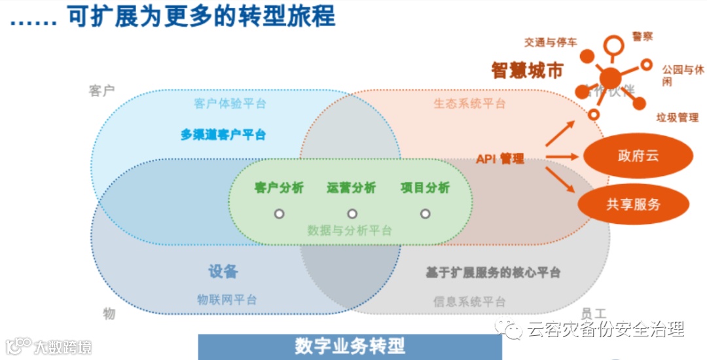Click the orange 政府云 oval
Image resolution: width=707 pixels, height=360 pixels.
point(637,156)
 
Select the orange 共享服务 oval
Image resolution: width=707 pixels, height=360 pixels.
point(633,204)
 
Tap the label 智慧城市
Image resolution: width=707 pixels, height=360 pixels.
point(527,71)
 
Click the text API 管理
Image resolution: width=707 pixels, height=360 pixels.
point(500,158)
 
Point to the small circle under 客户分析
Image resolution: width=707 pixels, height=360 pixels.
point(279,213)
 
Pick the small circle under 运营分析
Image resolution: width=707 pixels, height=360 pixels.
point(352,213)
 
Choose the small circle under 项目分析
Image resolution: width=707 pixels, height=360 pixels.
point(425,213)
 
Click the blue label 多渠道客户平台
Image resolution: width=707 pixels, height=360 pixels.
point(223,135)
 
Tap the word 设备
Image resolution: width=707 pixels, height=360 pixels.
point(223,272)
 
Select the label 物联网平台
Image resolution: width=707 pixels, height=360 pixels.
point(227,300)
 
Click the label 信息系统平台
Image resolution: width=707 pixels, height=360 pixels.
point(469,302)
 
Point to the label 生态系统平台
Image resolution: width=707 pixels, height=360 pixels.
point(469,103)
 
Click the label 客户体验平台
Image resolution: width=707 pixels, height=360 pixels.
point(230,103)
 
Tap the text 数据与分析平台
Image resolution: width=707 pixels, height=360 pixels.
point(350,230)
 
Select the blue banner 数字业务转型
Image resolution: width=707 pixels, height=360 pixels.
point(350,346)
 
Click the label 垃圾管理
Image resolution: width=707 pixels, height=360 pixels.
point(677,118)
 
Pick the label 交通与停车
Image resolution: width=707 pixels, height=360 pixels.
point(550,43)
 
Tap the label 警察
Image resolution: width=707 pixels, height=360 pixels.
point(642,37)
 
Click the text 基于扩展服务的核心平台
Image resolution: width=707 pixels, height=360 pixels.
point(492,272)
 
